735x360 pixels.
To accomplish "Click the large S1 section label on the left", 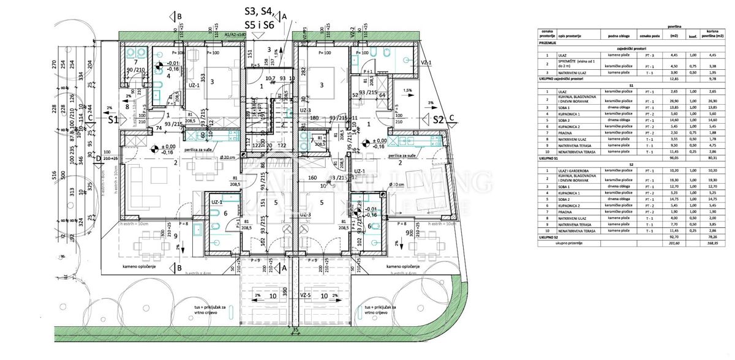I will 113,120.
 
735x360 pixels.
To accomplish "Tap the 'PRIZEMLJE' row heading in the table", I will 548,43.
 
